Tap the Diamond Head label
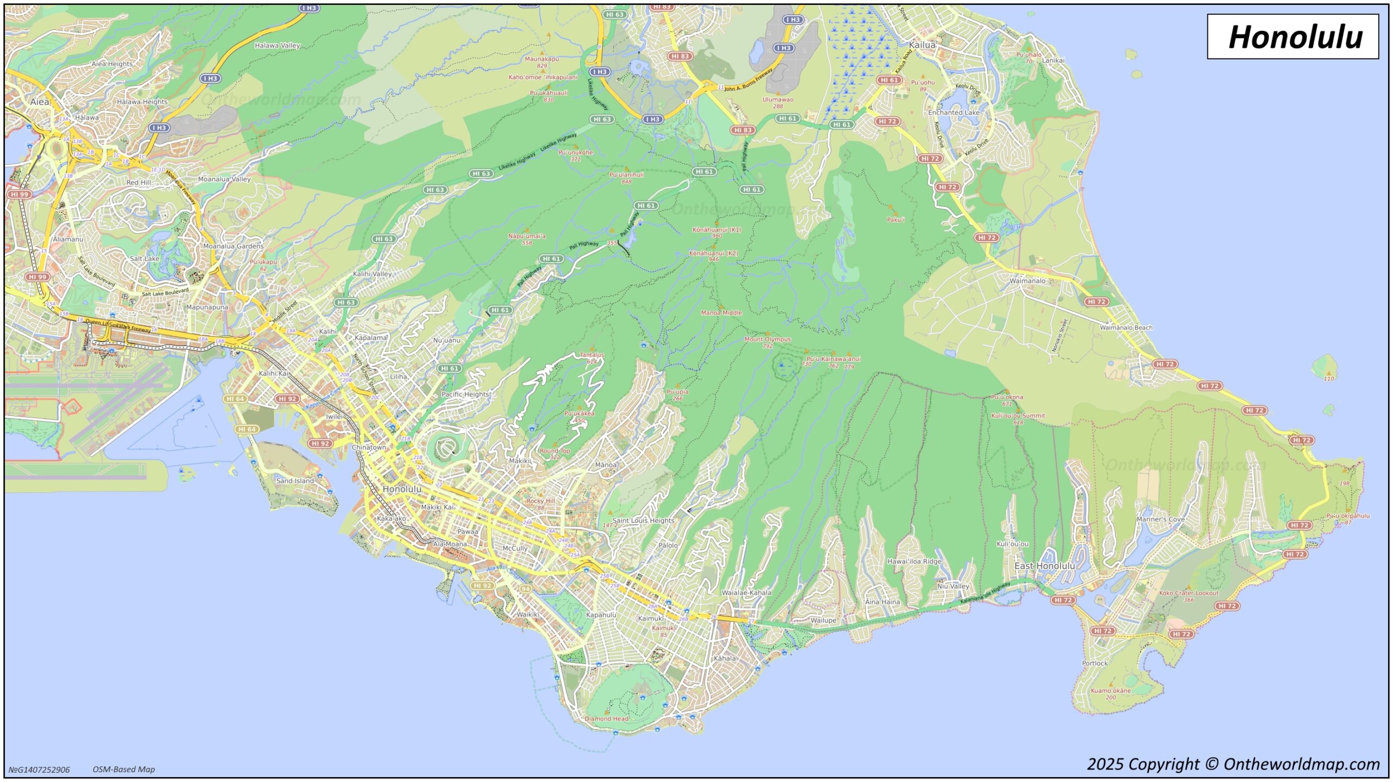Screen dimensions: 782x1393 coord(606,718)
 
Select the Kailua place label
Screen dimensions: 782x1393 coord(922,45)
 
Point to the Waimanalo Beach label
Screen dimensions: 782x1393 coord(1126,327)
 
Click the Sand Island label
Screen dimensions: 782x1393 coord(295,481)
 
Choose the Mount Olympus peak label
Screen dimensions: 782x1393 coord(767,339)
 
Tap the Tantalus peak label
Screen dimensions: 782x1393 coord(591,355)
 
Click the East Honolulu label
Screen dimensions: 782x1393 coord(1044,566)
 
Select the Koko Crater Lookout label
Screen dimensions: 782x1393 coord(1188,593)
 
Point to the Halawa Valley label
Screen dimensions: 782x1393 coord(277,46)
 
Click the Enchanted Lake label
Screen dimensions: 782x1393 coord(953,113)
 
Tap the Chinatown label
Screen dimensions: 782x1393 coord(368,447)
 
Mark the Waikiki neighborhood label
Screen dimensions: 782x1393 coord(528,614)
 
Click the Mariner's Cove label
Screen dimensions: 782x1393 coord(1160,519)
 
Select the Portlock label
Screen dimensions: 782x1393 coord(1094,663)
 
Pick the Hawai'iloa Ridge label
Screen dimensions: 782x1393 coord(914,561)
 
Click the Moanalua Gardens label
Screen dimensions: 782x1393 coord(233,246)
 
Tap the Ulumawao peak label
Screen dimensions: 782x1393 coord(778,100)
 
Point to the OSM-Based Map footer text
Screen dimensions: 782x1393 coord(124,769)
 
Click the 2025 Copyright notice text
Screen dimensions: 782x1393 coord(1233,764)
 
